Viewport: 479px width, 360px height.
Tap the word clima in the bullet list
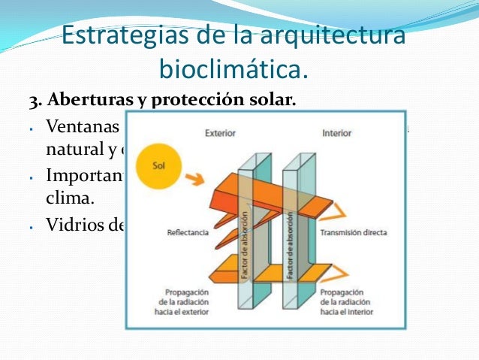(x=68, y=198)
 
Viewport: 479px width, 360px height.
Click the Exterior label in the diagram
(x=220, y=133)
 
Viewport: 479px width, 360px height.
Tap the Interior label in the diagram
(x=336, y=133)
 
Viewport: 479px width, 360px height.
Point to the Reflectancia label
(x=188, y=233)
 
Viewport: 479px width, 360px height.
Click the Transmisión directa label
(x=354, y=233)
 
